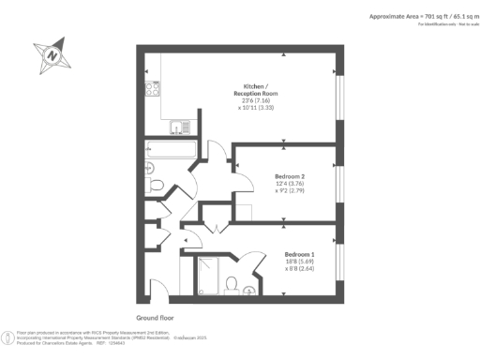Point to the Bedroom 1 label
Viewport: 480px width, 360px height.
(298, 254)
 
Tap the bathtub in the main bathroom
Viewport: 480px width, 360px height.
(170, 151)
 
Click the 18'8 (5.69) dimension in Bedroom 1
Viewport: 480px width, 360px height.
(299, 262)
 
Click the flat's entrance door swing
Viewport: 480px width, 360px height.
(160, 289)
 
